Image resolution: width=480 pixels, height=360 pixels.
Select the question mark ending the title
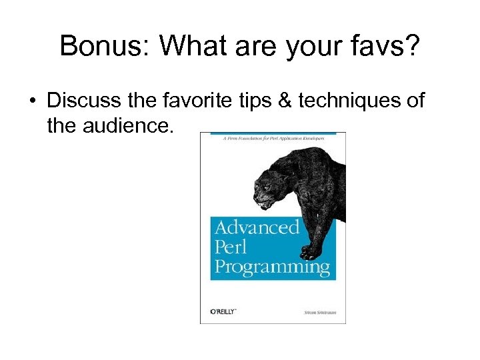[413, 47]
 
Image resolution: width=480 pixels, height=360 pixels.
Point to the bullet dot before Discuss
[32, 101]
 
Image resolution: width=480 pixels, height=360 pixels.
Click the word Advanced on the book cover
[257, 227]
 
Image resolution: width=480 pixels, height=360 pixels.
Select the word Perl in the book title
[231, 247]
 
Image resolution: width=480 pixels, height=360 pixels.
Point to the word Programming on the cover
[272, 268]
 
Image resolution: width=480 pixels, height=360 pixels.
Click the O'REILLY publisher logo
[223, 312]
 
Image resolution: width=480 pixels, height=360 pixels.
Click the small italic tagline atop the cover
[273, 137]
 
